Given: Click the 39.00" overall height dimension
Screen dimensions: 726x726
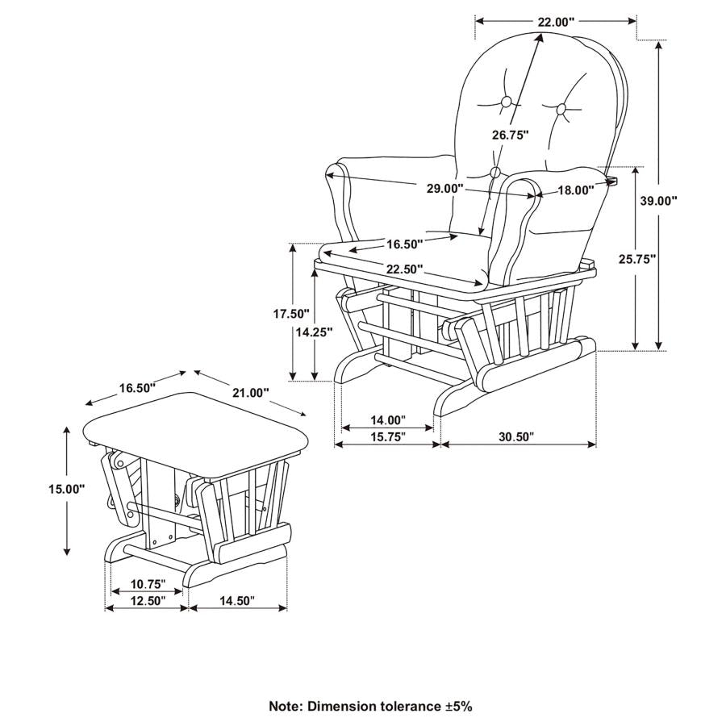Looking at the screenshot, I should pyautogui.click(x=658, y=201).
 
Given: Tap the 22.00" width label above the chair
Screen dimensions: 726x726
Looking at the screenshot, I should pyautogui.click(x=556, y=22).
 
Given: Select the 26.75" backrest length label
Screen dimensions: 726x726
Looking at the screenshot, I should pyautogui.click(x=510, y=135).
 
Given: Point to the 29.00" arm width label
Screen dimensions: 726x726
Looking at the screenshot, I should pyautogui.click(x=445, y=189).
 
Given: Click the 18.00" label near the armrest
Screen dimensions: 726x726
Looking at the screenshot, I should pyautogui.click(x=576, y=190).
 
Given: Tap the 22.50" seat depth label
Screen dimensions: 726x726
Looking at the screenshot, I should pyautogui.click(x=404, y=269).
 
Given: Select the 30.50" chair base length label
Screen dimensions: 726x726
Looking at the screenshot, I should pyautogui.click(x=516, y=436).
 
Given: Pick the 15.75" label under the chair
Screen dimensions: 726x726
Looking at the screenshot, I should pyautogui.click(x=387, y=436).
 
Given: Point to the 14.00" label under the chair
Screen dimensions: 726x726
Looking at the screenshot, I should pyautogui.click(x=387, y=419).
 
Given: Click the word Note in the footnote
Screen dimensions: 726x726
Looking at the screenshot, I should pyautogui.click(x=286, y=706).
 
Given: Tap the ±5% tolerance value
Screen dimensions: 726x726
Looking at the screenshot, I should pyautogui.click(x=457, y=706).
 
